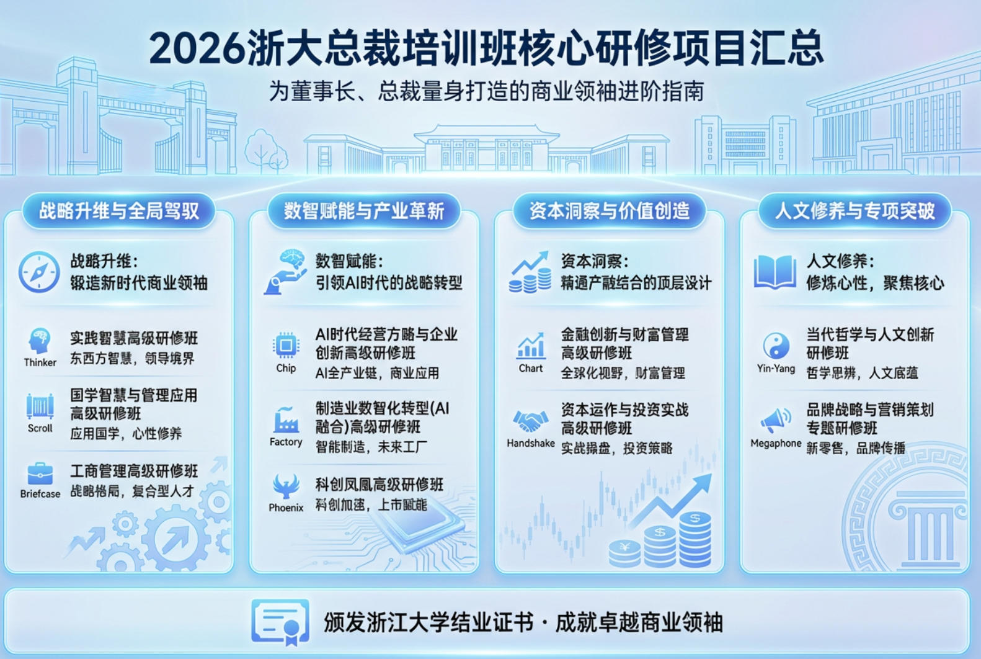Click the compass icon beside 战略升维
click(x=38, y=272)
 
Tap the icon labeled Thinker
click(x=40, y=341)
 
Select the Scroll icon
click(x=40, y=406)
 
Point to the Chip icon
click(x=286, y=345)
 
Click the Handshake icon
click(x=530, y=422)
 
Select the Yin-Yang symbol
click(x=776, y=346)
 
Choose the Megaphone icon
click(x=776, y=420)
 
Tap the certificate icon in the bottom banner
click(x=280, y=621)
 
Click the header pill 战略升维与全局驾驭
click(x=119, y=211)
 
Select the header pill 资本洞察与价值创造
click(x=610, y=211)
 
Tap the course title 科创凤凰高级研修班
click(x=380, y=485)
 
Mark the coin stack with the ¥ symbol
click(x=624, y=553)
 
